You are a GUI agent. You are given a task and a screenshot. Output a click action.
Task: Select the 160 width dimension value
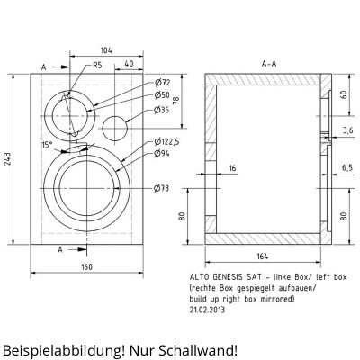point(87,266)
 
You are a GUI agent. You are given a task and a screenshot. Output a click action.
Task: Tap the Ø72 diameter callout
point(163,82)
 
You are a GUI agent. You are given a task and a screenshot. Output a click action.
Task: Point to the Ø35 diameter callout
point(162,110)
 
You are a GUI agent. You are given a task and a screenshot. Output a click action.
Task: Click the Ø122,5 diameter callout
point(166,141)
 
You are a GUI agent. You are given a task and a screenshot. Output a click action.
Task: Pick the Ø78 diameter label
point(162,188)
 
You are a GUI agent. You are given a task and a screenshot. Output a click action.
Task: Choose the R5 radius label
point(97,65)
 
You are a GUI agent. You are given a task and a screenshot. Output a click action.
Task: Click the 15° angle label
point(47,145)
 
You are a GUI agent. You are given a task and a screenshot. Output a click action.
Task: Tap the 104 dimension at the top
point(106,50)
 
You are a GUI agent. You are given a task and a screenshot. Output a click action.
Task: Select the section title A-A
point(269,64)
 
